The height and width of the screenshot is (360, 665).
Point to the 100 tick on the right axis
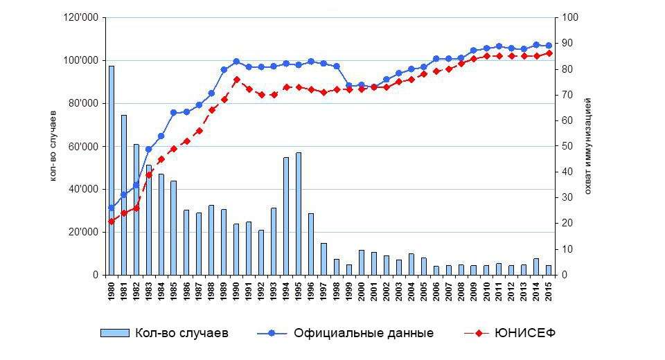(568, 18)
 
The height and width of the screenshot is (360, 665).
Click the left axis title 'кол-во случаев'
(54, 146)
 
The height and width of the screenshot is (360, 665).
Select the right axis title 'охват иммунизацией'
(587, 146)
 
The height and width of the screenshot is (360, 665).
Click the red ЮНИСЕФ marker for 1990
(236, 80)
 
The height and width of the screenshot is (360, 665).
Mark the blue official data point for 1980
(112, 208)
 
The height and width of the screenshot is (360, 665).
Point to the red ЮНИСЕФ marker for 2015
(549, 53)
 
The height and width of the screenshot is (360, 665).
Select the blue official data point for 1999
(348, 86)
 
